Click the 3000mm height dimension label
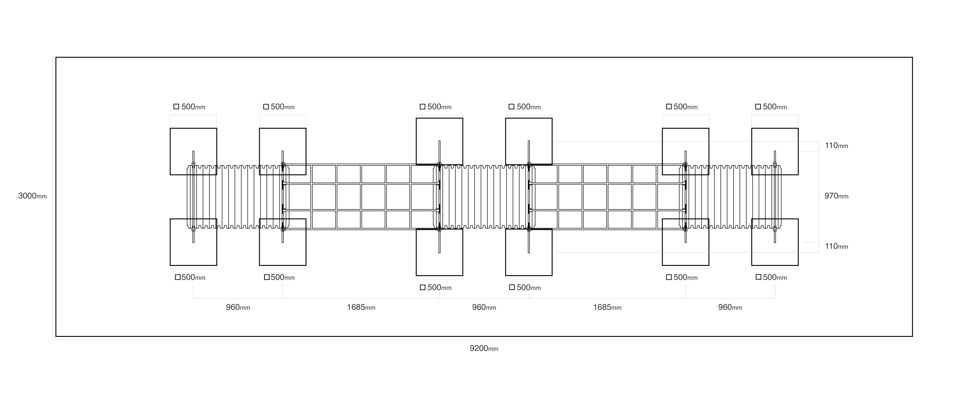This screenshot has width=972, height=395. tap(33, 196)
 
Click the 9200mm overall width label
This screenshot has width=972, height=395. tap(484, 349)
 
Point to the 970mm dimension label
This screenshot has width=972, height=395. tap(836, 196)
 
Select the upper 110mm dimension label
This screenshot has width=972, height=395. tap(836, 146)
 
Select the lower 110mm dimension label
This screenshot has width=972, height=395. tap(836, 246)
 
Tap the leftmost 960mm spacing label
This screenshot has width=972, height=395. tap(238, 307)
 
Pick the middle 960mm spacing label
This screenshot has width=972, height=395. tap(484, 307)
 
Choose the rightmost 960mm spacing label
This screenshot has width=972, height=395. tap(730, 307)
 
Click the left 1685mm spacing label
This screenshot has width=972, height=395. tap(361, 307)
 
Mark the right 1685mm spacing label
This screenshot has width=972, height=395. tap(607, 307)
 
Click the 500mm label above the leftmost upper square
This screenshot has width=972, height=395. tap(190, 107)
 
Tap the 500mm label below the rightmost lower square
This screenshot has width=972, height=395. tap(771, 278)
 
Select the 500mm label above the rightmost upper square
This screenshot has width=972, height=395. tap(771, 107)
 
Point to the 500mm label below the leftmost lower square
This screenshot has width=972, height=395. tap(190, 278)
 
